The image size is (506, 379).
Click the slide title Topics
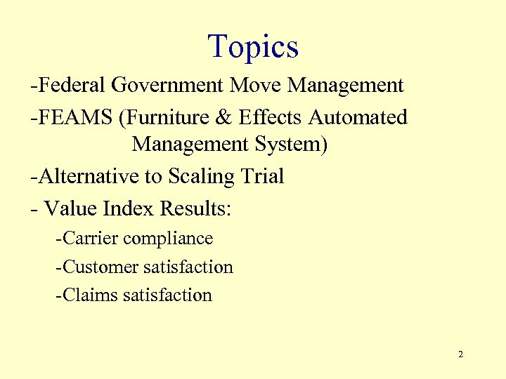pos(253,46)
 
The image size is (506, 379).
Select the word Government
pos(168,86)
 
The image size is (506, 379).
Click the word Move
pos(257,86)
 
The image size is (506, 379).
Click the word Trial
pos(261,175)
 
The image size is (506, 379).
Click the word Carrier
pos(90,239)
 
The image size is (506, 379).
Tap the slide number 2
pos(460,354)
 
